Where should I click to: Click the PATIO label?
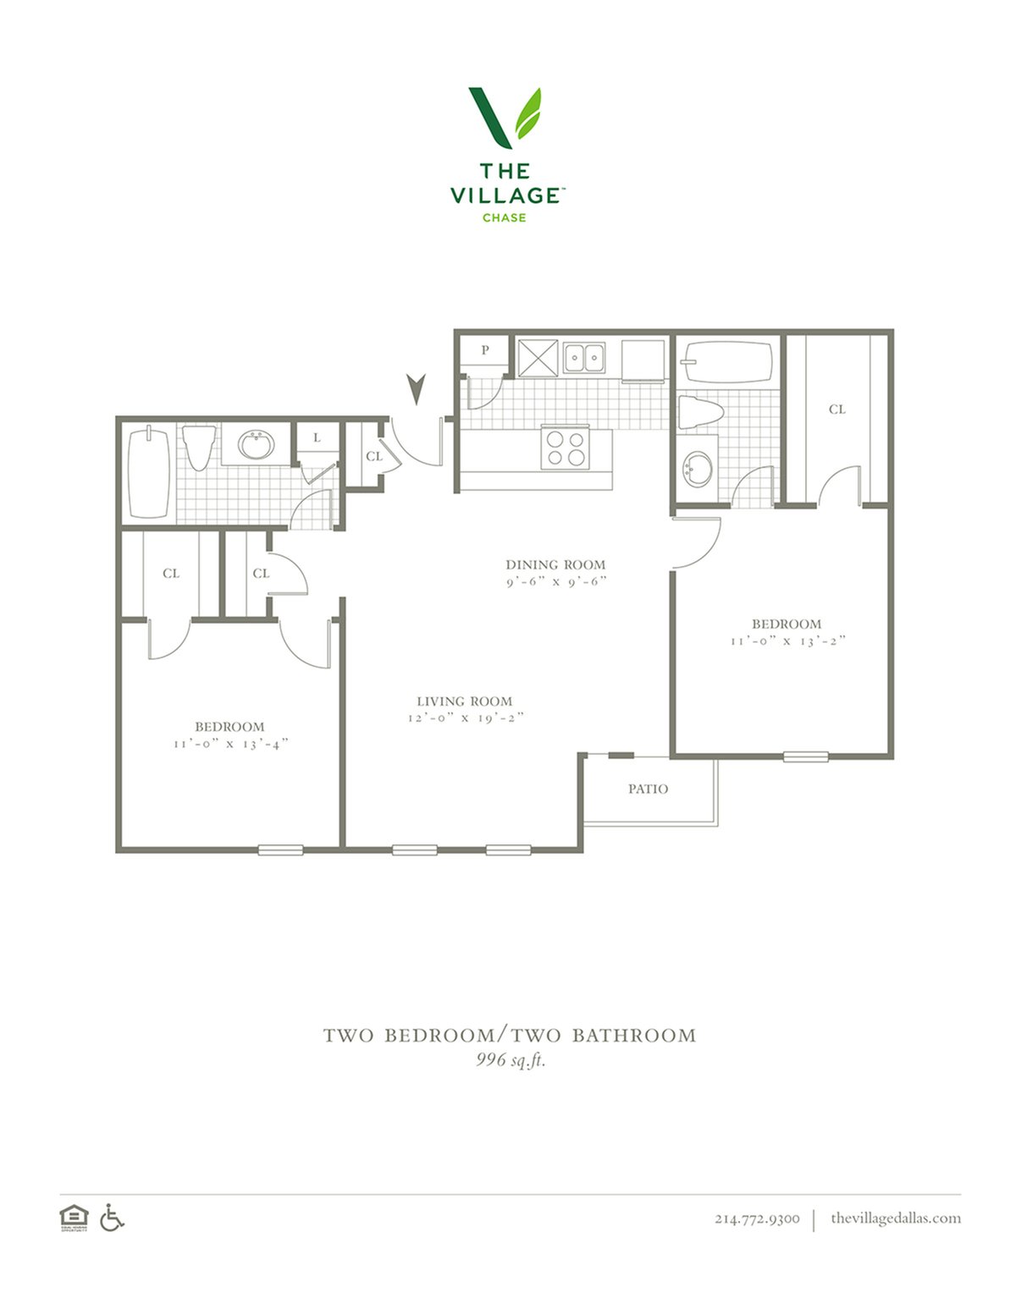[648, 789]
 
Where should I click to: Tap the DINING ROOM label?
[555, 565]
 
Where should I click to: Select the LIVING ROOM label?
[464, 701]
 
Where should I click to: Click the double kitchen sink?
[584, 357]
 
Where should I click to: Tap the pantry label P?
[484, 349]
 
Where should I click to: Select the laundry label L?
[317, 437]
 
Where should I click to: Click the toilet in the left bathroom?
[199, 448]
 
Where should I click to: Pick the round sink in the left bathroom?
[256, 445]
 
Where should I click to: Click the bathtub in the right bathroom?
[726, 362]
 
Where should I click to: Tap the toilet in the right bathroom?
[701, 412]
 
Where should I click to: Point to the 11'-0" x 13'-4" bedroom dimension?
[230, 744]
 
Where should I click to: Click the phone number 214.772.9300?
[757, 1218]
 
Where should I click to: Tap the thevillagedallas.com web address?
[896, 1218]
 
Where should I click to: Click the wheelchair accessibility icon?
[112, 1217]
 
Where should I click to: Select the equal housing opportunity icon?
[74, 1218]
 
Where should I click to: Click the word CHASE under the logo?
[504, 217]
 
